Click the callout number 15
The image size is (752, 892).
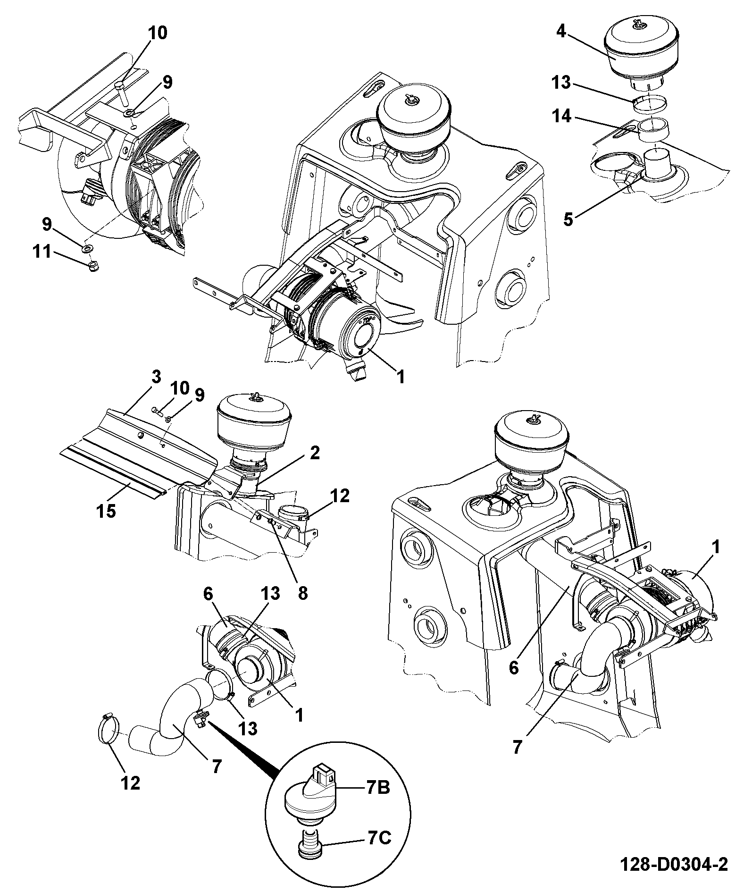click(x=107, y=510)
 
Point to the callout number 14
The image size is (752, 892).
click(x=562, y=116)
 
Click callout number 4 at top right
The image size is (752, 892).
click(x=561, y=32)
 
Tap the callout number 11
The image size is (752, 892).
click(x=42, y=251)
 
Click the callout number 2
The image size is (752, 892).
click(x=315, y=453)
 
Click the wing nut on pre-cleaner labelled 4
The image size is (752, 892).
click(x=637, y=26)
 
